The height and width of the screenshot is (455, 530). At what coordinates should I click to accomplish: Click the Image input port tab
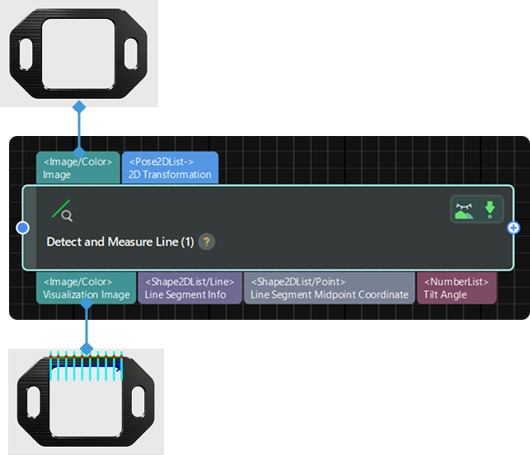pos(77,167)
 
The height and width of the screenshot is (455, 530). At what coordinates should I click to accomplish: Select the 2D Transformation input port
pos(170,167)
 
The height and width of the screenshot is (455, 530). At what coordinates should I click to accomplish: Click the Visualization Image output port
pos(86,288)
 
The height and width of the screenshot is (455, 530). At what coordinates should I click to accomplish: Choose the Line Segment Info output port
pos(190,288)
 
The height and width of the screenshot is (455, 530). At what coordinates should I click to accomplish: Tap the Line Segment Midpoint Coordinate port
pos(329,288)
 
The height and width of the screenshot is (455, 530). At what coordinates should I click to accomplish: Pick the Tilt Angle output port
pos(457,288)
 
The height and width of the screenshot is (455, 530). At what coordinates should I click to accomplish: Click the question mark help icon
pos(207,242)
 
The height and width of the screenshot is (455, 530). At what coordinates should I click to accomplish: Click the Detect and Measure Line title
pos(120,242)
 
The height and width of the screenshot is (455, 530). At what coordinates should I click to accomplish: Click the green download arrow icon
pos(490,209)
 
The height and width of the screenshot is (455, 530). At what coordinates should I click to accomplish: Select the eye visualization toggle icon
pos(464,209)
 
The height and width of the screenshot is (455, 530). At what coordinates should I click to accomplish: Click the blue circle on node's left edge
pos(23,227)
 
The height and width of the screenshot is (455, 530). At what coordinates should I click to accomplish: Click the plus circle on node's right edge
pos(514,227)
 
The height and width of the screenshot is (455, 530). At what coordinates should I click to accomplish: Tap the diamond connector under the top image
pos(79,107)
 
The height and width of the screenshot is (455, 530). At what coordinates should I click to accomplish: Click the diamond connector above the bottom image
pos(86,349)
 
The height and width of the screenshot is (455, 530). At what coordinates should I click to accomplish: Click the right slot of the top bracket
pos(130,54)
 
